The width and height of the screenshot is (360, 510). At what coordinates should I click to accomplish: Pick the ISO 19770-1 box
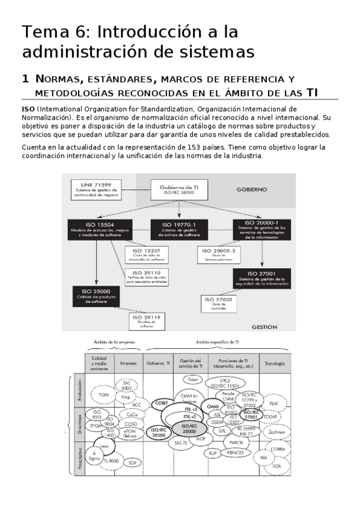[x=178, y=230]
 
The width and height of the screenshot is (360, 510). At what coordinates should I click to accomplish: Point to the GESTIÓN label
[x=264, y=327]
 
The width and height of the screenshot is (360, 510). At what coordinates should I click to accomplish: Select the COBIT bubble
[x=160, y=404]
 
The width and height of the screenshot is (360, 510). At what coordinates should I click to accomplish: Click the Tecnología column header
[x=274, y=363]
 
